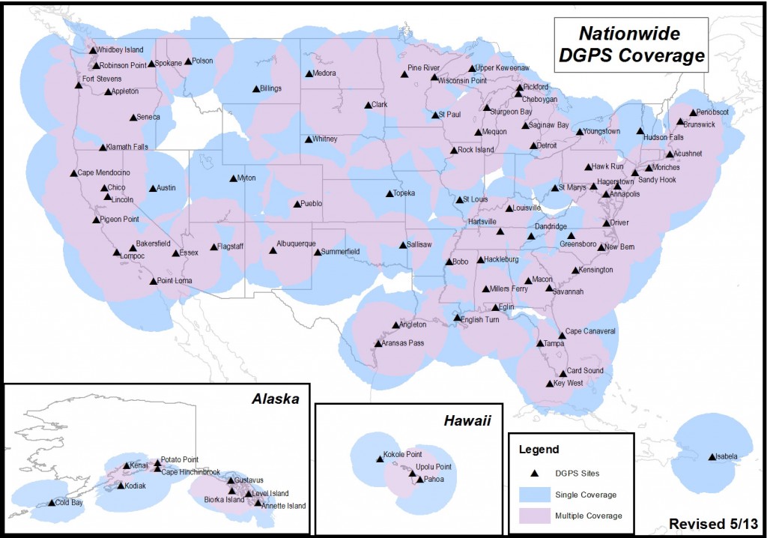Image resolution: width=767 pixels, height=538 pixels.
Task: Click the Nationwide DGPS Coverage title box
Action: pos(631,45)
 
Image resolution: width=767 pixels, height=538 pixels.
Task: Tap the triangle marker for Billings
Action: pos(255,88)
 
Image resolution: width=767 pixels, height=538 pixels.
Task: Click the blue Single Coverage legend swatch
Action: pos(533,494)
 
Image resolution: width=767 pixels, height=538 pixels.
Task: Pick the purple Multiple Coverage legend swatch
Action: pos(533,516)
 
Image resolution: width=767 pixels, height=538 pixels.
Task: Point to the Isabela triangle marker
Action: pos(712,456)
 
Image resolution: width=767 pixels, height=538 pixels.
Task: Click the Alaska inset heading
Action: pos(275,399)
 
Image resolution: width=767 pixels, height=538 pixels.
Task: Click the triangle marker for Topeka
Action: pos(389,193)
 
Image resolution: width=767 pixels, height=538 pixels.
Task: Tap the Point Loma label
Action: pos(175,281)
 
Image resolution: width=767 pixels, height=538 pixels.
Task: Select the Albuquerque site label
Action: pos(296,244)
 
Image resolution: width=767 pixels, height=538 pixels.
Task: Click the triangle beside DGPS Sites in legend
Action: pos(533,474)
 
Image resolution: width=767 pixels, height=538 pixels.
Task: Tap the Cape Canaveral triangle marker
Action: pos(562,336)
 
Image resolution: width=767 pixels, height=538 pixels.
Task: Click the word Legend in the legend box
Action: pos(539,450)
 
